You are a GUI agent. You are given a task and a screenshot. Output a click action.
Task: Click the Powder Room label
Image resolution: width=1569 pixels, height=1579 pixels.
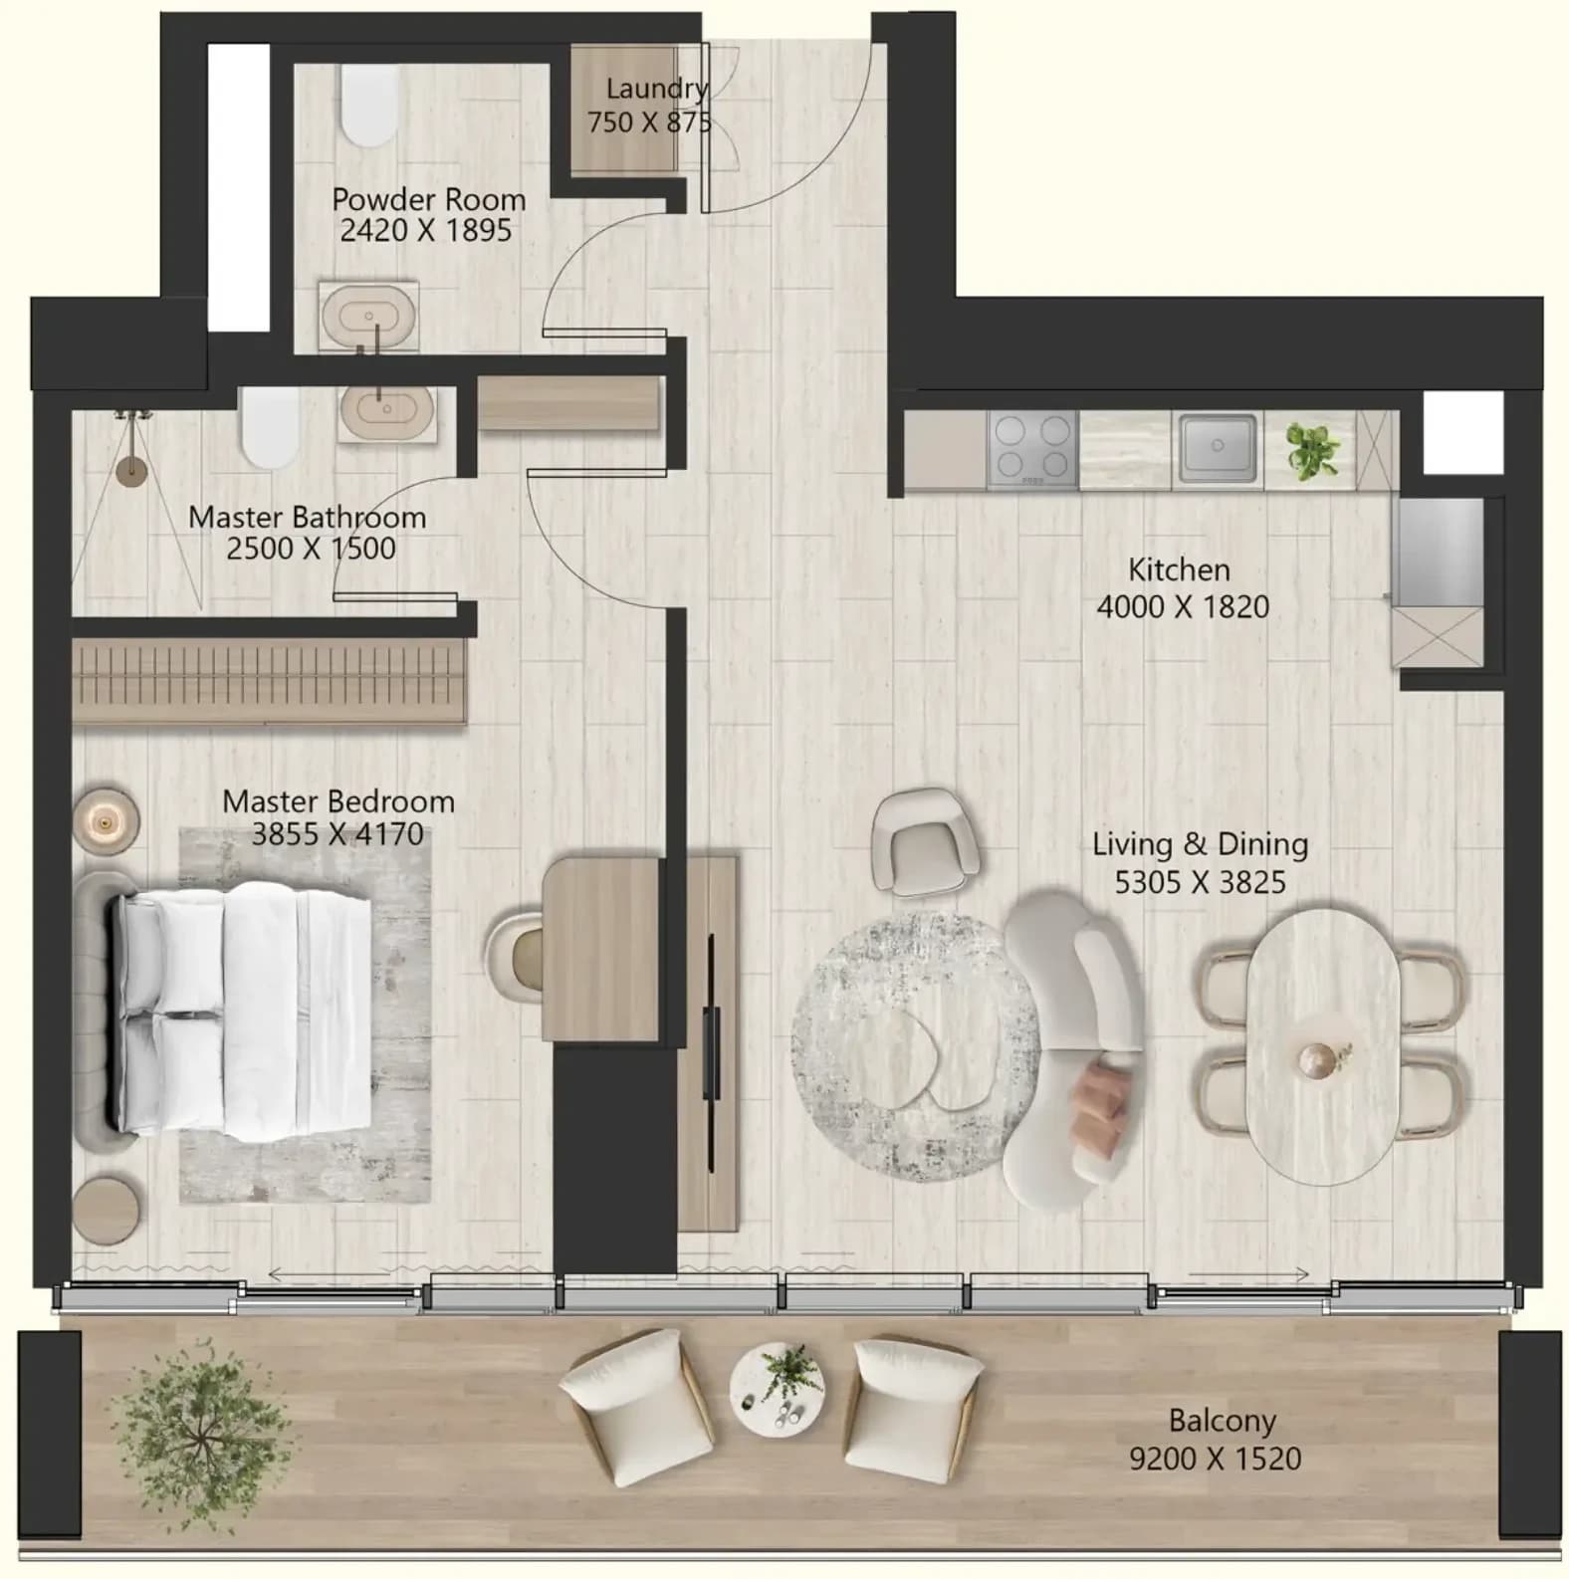click(x=428, y=199)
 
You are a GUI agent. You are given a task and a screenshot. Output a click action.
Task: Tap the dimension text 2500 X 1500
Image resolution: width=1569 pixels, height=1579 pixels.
click(x=311, y=549)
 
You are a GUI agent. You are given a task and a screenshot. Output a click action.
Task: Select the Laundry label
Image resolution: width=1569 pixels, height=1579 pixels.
click(x=657, y=89)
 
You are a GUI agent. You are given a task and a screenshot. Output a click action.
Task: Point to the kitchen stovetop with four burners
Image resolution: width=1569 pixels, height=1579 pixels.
click(x=1033, y=450)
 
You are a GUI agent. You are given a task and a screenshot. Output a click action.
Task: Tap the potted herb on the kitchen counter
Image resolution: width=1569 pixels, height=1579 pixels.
click(x=1311, y=450)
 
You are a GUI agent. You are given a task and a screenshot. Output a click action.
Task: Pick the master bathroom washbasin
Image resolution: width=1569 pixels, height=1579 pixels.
click(x=386, y=411)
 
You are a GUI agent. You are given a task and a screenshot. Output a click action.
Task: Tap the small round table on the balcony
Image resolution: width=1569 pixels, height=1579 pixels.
click(x=777, y=1388)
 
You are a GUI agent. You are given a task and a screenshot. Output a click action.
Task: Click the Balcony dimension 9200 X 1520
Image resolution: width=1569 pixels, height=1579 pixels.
click(x=1216, y=1459)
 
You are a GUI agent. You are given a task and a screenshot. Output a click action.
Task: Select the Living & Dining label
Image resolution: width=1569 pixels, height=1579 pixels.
click(x=1200, y=844)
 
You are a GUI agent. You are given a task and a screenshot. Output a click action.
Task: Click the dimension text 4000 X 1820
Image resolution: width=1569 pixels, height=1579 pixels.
click(x=1183, y=606)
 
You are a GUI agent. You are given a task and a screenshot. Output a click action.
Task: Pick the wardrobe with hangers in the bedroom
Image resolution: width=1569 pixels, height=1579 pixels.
click(x=269, y=680)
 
